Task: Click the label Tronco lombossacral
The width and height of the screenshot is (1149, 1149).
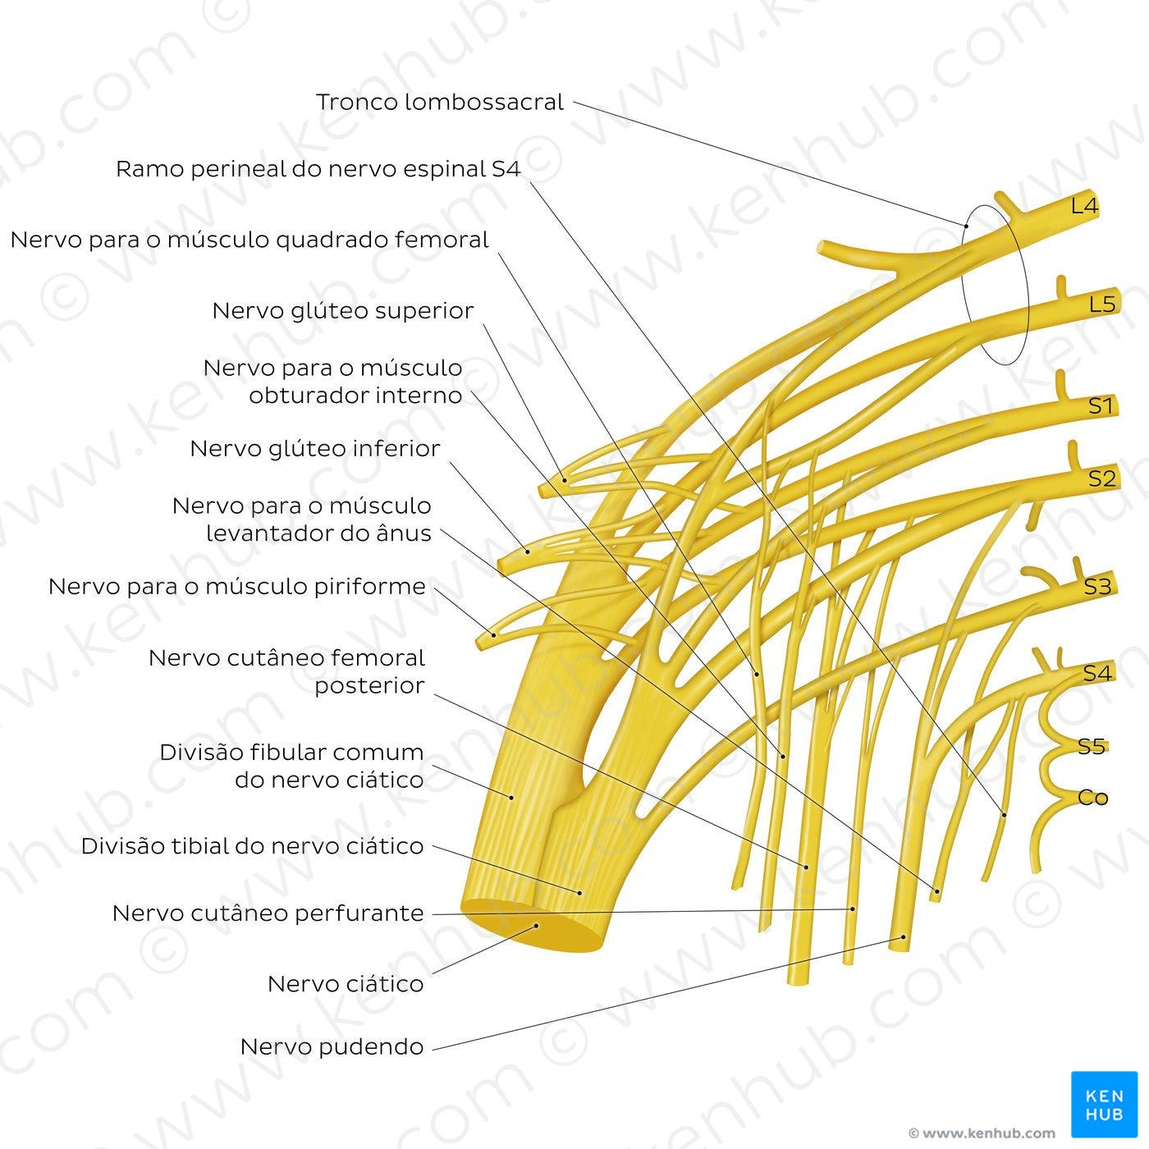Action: [440, 103]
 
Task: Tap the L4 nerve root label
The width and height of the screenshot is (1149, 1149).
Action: [1084, 206]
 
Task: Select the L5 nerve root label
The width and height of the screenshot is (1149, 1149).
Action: [1102, 304]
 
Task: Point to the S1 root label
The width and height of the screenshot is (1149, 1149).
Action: [1101, 405]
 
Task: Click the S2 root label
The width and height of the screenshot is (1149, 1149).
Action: [1101, 478]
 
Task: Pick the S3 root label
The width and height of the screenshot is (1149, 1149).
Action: [1097, 587]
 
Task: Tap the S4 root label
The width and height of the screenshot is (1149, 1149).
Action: [1096, 674]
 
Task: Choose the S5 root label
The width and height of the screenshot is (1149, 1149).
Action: [1092, 747]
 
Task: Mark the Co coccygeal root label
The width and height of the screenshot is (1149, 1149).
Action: [1092, 798]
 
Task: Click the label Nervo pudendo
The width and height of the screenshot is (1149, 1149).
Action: [332, 1047]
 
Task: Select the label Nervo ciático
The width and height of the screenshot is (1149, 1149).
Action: [346, 984]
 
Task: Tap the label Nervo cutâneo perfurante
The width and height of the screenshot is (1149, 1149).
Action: [268, 913]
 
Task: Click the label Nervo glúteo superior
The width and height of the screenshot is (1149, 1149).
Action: [342, 311]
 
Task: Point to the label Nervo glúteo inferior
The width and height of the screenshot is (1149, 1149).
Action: [314, 449]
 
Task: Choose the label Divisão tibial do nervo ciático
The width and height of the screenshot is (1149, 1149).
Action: [252, 846]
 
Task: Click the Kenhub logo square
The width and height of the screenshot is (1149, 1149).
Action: [1104, 1104]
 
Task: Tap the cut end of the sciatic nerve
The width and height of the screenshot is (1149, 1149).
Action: [533, 927]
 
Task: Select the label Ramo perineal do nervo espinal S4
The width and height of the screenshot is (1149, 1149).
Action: [318, 169]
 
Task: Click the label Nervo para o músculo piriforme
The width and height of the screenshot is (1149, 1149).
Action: [236, 587]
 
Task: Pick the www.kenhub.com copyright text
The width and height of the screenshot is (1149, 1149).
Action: [982, 1133]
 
